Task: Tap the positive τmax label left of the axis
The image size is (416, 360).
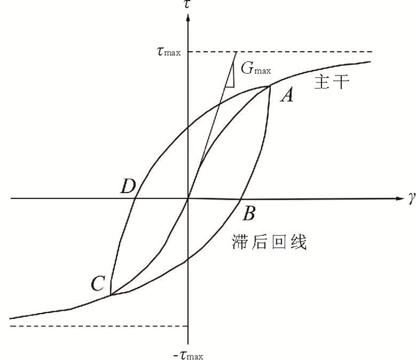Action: (168, 52)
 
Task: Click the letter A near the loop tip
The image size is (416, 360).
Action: (286, 96)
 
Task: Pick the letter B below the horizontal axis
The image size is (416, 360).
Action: (250, 212)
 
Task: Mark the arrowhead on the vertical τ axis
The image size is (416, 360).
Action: (188, 15)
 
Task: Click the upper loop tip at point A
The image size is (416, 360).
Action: (270, 86)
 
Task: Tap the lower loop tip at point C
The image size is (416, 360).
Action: (111, 295)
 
